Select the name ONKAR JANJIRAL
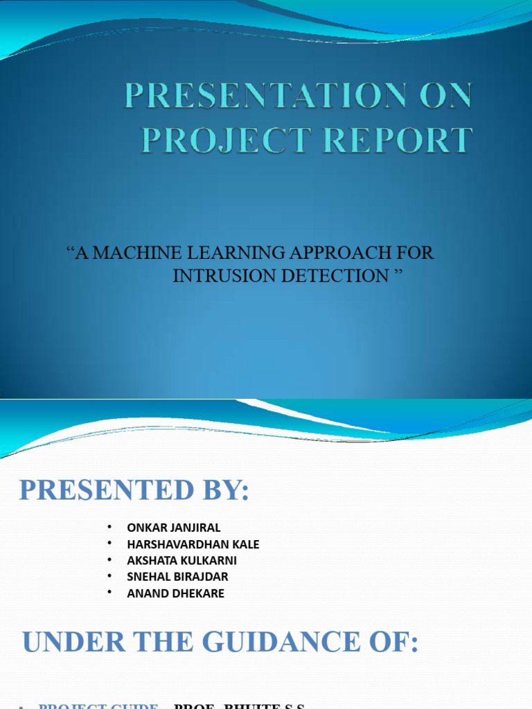point(174,528)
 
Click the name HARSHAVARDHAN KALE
point(193,544)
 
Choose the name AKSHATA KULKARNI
point(182,560)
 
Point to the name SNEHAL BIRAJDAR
point(177,577)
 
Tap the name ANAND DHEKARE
point(176,593)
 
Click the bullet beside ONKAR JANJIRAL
point(109,528)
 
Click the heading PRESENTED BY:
point(134,491)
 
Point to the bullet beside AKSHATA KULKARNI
point(109,560)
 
